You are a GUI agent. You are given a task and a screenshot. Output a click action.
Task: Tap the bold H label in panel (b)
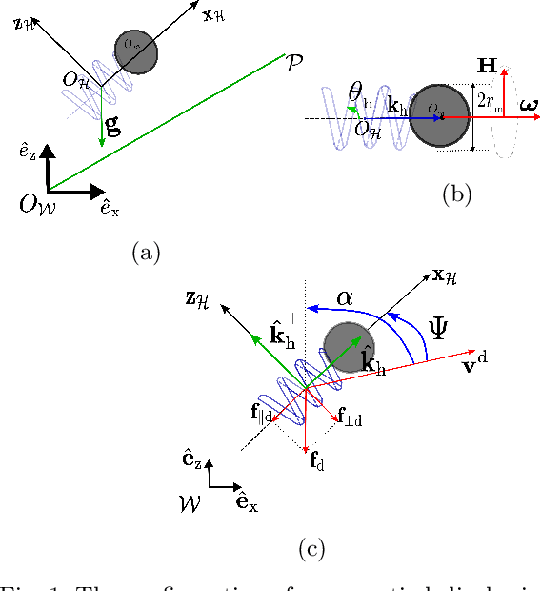pyautogui.click(x=487, y=66)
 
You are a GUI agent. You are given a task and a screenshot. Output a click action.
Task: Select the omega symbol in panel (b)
pyautogui.click(x=526, y=103)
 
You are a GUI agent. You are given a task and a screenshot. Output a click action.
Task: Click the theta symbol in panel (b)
pyautogui.click(x=355, y=92)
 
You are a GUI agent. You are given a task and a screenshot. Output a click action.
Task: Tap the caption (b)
pyautogui.click(x=457, y=195)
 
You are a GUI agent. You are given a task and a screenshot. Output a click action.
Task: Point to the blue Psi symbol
pyautogui.click(x=439, y=328)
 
